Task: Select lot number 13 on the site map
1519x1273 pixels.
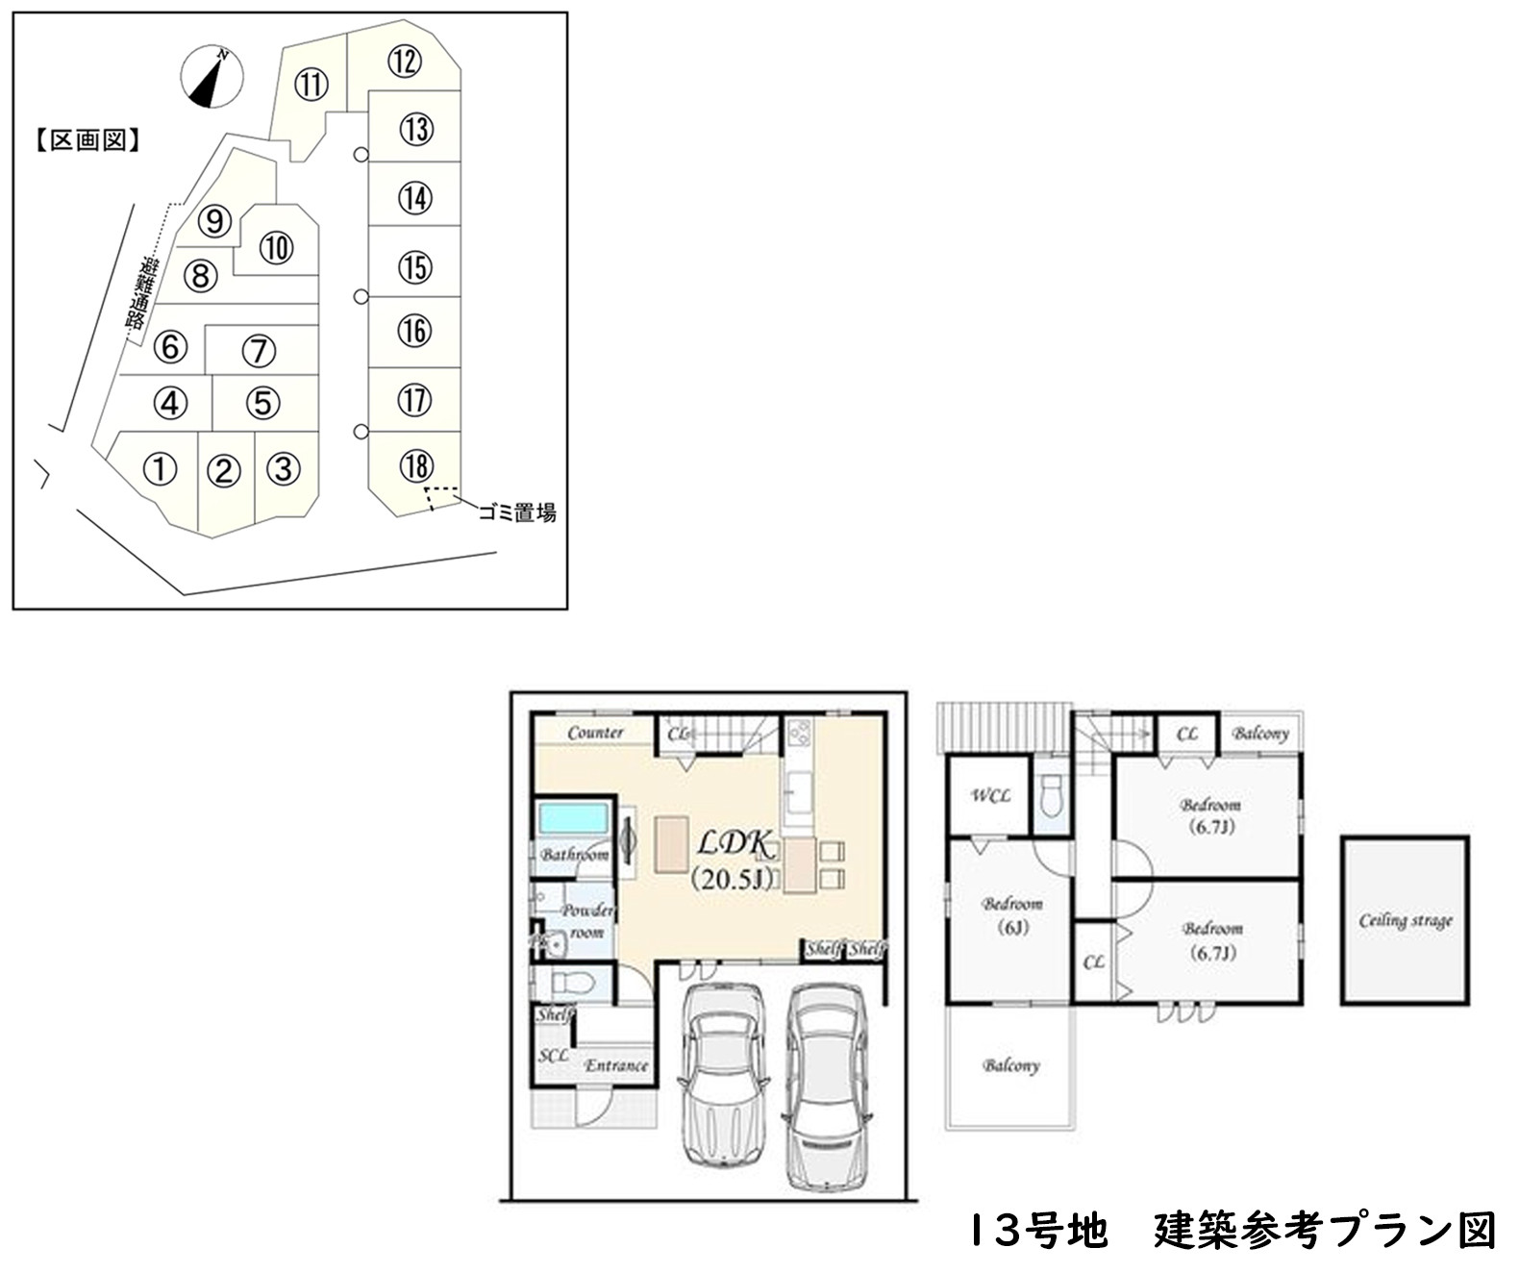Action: click(x=415, y=129)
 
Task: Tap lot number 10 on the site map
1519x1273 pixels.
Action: click(x=276, y=248)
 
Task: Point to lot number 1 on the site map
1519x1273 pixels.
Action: click(x=161, y=470)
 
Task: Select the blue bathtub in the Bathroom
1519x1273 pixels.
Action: click(x=574, y=820)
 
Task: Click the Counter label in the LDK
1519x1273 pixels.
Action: click(x=595, y=733)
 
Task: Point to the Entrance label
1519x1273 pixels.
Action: click(x=616, y=1065)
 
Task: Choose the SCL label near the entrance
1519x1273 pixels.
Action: click(x=553, y=1055)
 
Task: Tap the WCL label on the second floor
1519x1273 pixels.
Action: click(x=990, y=796)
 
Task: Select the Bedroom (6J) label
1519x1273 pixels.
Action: click(x=1012, y=915)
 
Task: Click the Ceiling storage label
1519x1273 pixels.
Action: click(x=1405, y=921)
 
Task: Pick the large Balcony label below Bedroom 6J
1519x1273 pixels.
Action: click(x=1010, y=1065)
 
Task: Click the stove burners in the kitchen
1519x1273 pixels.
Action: click(x=799, y=736)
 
